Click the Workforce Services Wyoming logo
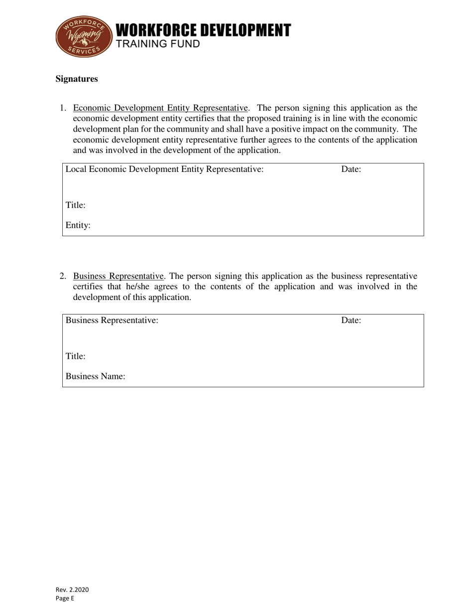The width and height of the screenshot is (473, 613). [x=83, y=36]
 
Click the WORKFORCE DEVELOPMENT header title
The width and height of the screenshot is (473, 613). [x=203, y=30]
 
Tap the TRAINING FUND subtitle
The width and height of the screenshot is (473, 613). [x=158, y=44]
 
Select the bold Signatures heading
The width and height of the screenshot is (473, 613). [x=76, y=79]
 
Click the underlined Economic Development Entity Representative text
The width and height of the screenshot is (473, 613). [x=160, y=108]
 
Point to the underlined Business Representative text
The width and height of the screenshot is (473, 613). [x=118, y=276]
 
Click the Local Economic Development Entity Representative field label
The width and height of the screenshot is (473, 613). [x=164, y=169]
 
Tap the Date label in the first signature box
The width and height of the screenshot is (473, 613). [x=351, y=169]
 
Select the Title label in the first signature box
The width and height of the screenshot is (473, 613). [x=76, y=205]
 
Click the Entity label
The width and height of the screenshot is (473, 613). [x=78, y=225]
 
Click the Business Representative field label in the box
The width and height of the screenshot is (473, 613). [x=112, y=320]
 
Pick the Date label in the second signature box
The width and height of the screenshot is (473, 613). [x=351, y=320]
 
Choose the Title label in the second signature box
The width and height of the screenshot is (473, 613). [x=76, y=356]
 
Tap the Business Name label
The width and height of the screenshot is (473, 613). [x=95, y=377]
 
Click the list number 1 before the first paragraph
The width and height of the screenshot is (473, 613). [x=63, y=108]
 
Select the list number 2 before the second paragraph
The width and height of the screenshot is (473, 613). [x=63, y=276]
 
